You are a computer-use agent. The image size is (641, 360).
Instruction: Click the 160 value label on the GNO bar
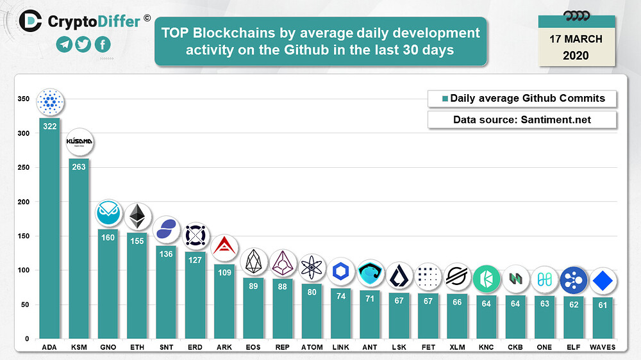click(x=108, y=237)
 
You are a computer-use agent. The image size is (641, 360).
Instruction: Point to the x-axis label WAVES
click(x=602, y=347)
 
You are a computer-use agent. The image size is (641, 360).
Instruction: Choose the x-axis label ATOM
click(x=312, y=347)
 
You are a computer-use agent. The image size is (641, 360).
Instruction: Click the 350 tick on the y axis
click(x=23, y=99)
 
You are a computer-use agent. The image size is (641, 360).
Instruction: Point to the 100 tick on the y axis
click(x=23, y=270)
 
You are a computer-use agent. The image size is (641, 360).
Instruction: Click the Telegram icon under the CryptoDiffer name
click(x=63, y=44)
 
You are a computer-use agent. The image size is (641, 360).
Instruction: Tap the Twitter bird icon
click(x=83, y=44)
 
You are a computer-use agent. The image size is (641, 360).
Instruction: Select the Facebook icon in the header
click(x=102, y=44)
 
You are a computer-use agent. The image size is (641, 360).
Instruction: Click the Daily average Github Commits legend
click(x=522, y=99)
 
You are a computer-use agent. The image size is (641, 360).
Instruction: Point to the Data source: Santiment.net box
click(x=522, y=120)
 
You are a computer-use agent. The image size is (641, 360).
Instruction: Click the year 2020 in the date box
click(x=576, y=56)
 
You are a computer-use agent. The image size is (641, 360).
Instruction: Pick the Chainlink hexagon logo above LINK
click(x=340, y=272)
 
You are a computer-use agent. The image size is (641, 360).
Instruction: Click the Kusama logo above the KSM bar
click(x=79, y=142)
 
